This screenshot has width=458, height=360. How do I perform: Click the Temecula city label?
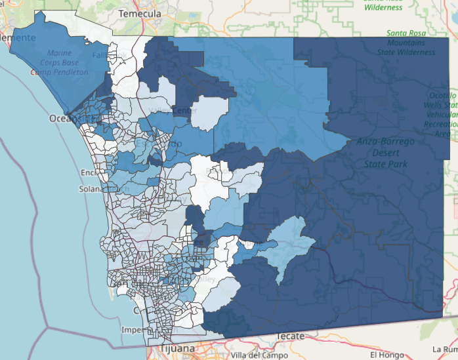(x=141, y=12)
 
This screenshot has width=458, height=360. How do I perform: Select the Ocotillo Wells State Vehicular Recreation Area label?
(x=441, y=114)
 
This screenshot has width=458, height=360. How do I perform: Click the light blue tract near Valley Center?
(x=211, y=111)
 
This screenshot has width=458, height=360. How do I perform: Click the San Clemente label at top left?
(x=12, y=37)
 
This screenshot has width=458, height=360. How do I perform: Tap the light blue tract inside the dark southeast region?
(x=289, y=246)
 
